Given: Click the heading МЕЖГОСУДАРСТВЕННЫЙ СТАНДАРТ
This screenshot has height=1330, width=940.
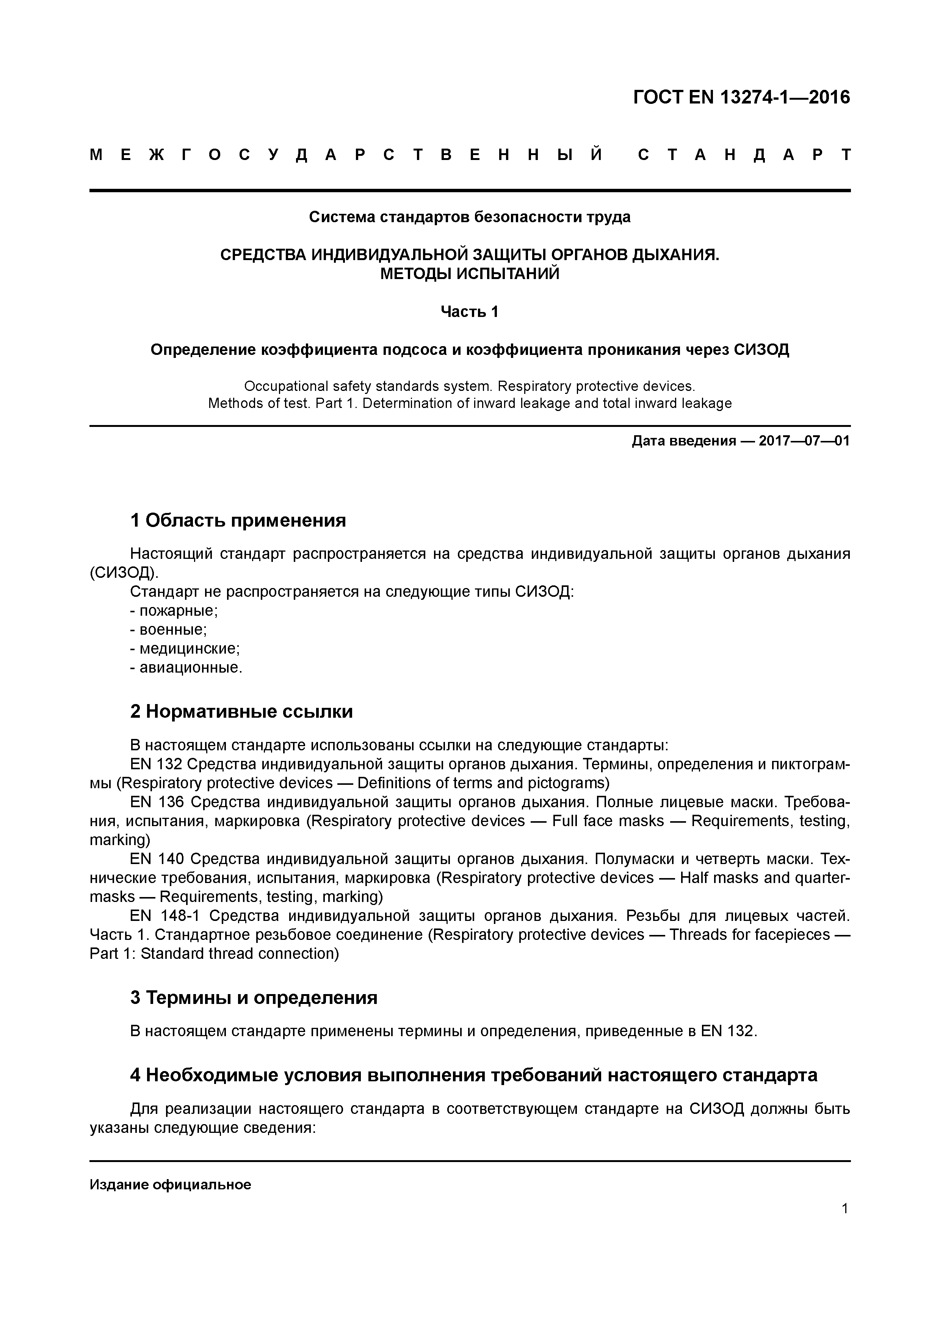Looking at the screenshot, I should pyautogui.click(x=470, y=155).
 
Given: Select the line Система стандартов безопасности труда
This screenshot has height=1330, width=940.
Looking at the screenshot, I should pyautogui.click(x=470, y=217).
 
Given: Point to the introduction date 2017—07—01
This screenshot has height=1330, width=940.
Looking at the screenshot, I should pyautogui.click(x=804, y=441).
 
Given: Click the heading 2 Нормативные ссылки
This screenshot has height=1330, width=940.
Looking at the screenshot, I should pyautogui.click(x=241, y=711).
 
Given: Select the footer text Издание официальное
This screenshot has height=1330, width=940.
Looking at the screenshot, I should pyautogui.click(x=170, y=1185).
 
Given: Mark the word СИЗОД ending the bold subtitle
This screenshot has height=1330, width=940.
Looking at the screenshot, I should pyautogui.click(x=761, y=350).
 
